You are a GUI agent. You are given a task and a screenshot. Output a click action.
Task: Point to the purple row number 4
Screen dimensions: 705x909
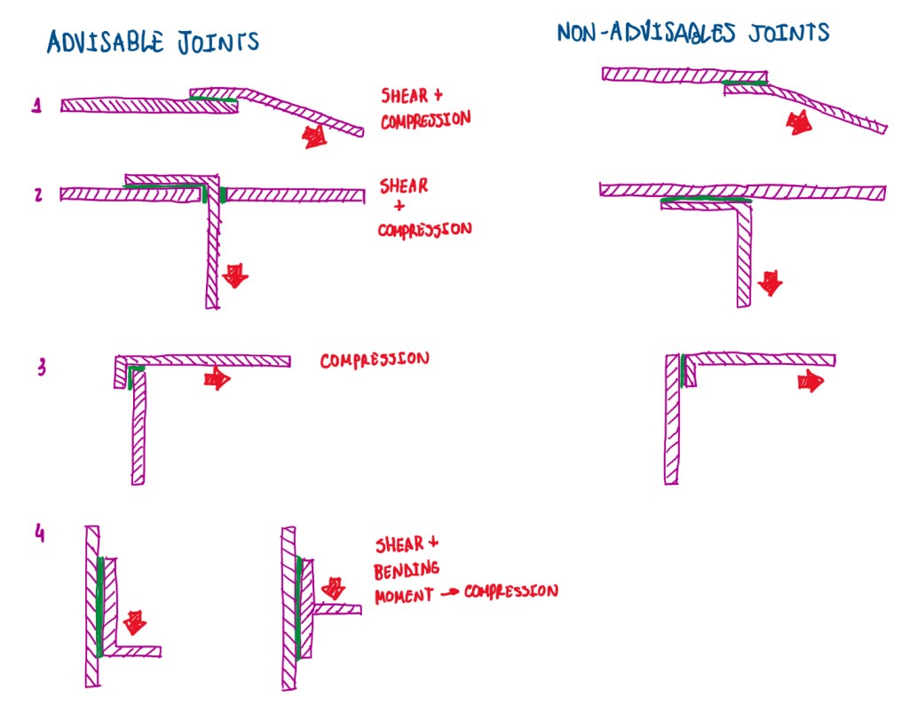pyautogui.click(x=39, y=535)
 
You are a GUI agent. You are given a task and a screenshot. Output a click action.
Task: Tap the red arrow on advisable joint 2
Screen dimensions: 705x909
pyautogui.click(x=235, y=274)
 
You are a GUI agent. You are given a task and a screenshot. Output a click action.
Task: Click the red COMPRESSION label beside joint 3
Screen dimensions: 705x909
pyautogui.click(x=375, y=360)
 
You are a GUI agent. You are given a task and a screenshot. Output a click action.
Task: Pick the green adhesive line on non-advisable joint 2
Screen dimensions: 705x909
pyautogui.click(x=707, y=201)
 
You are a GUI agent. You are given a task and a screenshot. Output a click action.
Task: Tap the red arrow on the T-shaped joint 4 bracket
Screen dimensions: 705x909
pyautogui.click(x=335, y=587)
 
